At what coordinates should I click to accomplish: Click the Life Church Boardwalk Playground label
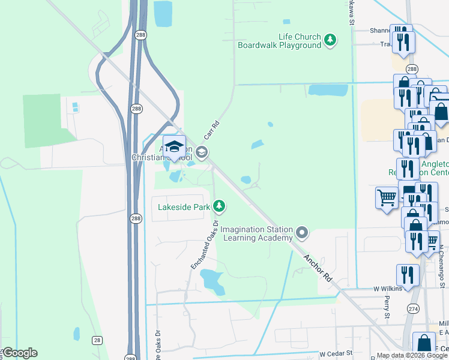(x=279, y=41)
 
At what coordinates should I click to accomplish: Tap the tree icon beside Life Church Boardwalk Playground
(x=330, y=40)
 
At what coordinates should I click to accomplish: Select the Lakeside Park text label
(x=184, y=207)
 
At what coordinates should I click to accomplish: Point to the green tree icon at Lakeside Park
(x=220, y=206)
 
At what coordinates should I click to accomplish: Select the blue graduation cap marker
(x=174, y=148)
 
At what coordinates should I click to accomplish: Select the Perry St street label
(x=387, y=307)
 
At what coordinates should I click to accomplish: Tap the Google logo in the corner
(x=19, y=353)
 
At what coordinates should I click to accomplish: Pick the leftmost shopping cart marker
(x=387, y=197)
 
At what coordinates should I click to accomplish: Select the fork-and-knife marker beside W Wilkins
(x=407, y=275)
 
